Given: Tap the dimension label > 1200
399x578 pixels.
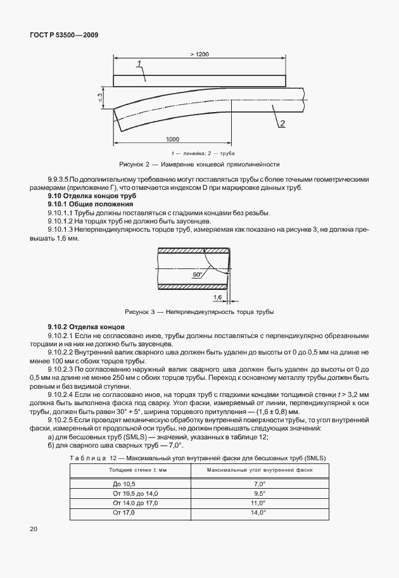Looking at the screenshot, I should (199, 54).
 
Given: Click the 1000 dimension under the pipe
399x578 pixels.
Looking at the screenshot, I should (172, 139).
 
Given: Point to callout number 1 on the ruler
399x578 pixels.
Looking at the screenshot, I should (141, 64).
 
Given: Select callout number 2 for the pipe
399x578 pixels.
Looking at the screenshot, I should (282, 123).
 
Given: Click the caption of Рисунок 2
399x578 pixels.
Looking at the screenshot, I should (203, 163).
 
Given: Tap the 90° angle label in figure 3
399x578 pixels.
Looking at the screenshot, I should (197, 275).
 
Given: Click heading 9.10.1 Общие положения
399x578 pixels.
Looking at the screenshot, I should (90, 205).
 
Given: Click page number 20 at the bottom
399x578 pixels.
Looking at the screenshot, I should (34, 528).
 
